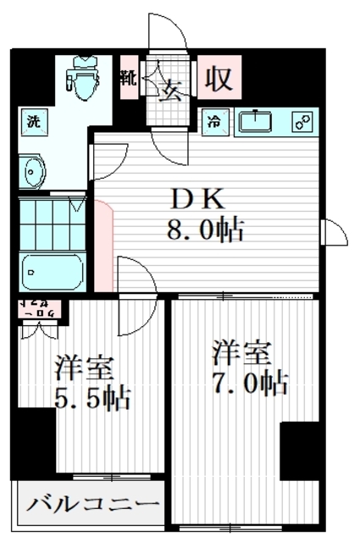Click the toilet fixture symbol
(x=83, y=77)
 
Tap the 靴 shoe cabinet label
(x=128, y=78)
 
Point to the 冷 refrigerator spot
(x=214, y=122)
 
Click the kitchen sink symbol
(x=254, y=122)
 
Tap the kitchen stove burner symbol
(x=302, y=122)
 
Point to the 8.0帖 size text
(x=208, y=229)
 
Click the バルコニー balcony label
(x=93, y=506)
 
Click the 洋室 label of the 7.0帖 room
(x=241, y=350)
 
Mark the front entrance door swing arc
(x=168, y=34)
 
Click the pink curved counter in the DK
(x=104, y=240)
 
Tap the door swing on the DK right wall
(x=335, y=232)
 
